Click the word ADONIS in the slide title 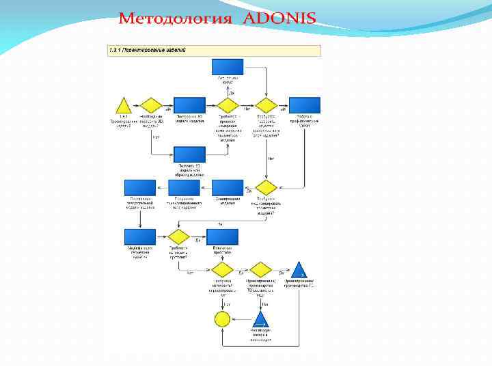point(279,18)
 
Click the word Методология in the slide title point(176,18)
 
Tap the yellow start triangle point(124,106)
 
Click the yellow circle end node point(223,318)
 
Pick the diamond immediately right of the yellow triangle point(152,105)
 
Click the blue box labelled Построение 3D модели point(189,105)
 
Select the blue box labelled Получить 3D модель point(189,155)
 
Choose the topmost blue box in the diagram point(228,67)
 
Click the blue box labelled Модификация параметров point(141,237)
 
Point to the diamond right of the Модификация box point(179,237)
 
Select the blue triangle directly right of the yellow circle point(260,318)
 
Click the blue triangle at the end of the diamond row point(299,270)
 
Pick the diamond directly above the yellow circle point(223,270)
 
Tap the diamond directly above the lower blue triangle point(260,270)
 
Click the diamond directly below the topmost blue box point(228,105)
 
